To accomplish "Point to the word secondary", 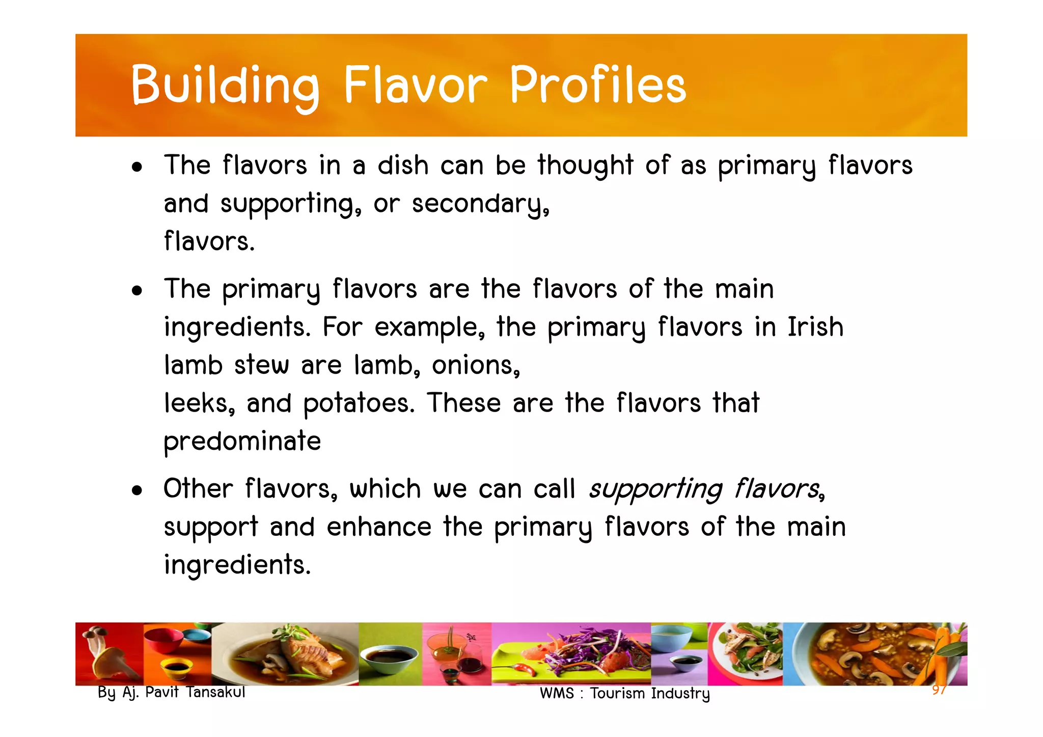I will [480, 204].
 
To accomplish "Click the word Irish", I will [815, 326].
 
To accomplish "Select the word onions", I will [476, 365].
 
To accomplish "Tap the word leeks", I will [199, 403].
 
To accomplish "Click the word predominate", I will [242, 442].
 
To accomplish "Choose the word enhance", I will [379, 527].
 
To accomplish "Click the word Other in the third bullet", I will [198, 488].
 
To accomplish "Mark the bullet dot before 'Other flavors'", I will [136, 490].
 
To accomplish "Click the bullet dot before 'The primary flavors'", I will [136, 291].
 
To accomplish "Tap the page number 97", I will [939, 690].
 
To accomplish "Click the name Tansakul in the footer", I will [215, 692].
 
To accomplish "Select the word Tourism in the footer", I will [618, 693].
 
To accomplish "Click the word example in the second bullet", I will [429, 327].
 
